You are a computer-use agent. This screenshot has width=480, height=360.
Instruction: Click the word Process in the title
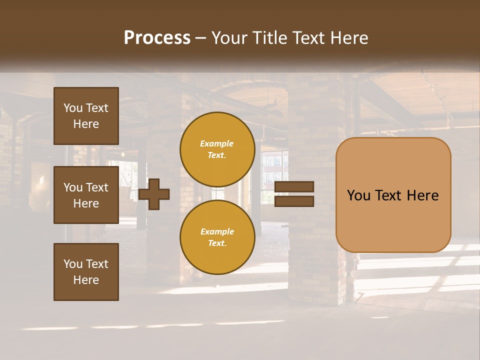click(157, 38)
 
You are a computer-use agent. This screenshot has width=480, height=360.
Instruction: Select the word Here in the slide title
click(348, 38)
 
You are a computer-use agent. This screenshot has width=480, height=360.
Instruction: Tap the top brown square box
click(86, 116)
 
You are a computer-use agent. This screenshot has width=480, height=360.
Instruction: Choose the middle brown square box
click(86, 195)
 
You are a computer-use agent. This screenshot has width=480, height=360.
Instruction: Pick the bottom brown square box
click(86, 271)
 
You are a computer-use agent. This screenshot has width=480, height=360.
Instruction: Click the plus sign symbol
click(154, 194)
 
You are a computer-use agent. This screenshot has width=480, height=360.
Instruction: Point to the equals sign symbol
click(294, 194)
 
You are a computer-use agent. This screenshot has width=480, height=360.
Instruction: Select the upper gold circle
click(217, 149)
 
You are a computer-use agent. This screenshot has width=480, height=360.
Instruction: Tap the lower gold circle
click(217, 237)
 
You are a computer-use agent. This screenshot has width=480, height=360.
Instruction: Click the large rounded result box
click(393, 195)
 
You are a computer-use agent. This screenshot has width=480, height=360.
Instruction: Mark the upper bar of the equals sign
click(294, 187)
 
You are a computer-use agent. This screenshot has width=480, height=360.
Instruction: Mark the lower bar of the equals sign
click(294, 201)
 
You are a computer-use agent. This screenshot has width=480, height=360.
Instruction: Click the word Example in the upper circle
click(217, 143)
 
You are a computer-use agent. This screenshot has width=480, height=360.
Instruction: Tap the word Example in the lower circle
click(217, 231)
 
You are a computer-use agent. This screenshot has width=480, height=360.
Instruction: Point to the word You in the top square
click(73, 108)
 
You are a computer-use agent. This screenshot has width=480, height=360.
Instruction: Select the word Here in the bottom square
click(86, 280)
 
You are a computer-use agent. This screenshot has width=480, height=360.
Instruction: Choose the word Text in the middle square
click(96, 187)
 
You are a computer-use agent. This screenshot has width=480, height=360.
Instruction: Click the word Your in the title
click(229, 38)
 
